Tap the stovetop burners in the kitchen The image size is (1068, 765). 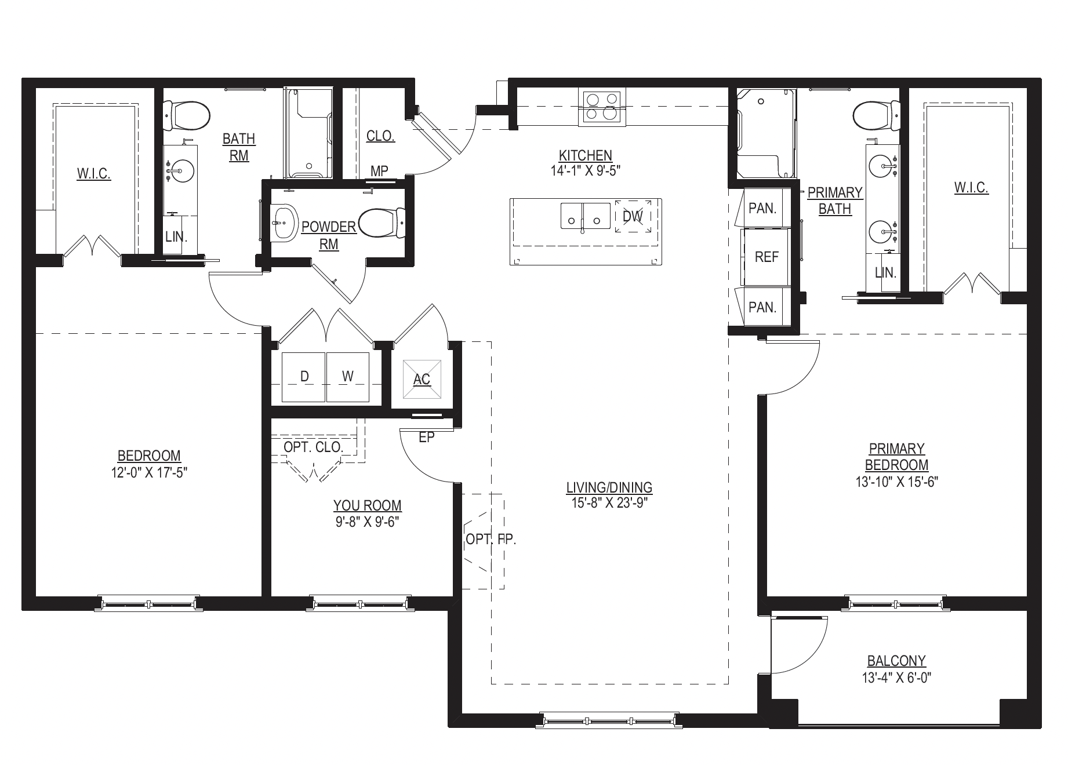click(601, 108)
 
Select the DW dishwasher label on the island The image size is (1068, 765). click(633, 216)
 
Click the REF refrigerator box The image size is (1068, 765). click(766, 257)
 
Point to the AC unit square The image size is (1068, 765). click(422, 379)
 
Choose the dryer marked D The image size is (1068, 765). click(304, 377)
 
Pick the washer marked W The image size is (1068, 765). click(348, 377)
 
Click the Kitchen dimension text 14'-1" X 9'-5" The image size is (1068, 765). click(585, 170)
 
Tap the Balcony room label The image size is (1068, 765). click(896, 661)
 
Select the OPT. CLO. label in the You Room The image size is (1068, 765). click(313, 447)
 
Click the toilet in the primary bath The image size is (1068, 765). click(877, 116)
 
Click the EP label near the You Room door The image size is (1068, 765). click(426, 438)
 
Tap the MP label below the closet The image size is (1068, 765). click(379, 171)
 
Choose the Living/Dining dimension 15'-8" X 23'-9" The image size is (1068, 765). click(609, 502)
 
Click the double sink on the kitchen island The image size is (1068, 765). click(585, 216)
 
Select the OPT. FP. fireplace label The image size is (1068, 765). click(491, 540)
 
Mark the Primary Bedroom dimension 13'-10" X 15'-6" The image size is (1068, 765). click(896, 482)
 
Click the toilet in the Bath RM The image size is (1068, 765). click(187, 116)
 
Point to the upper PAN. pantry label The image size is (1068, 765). click(762, 209)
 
